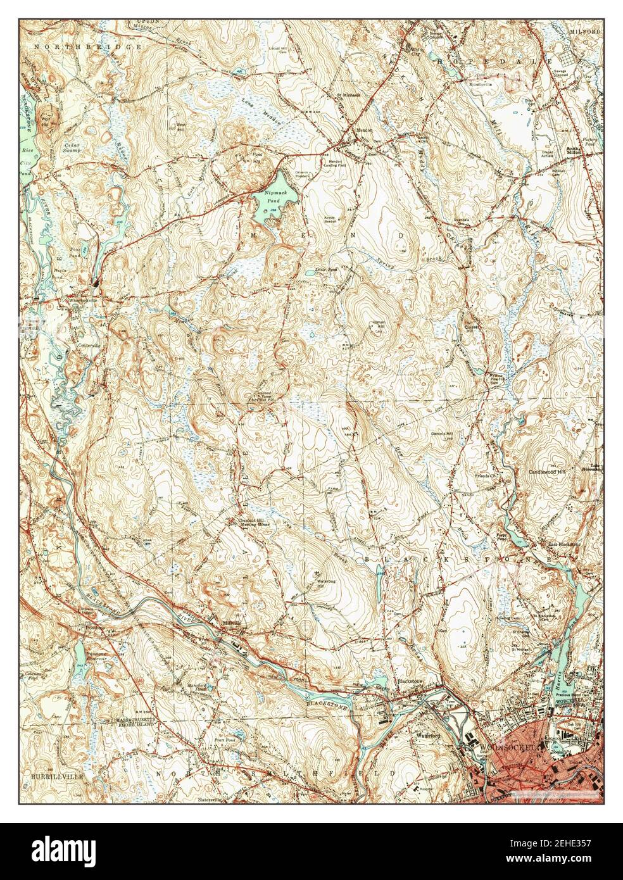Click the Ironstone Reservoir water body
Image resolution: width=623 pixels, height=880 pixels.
pos(80,655)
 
